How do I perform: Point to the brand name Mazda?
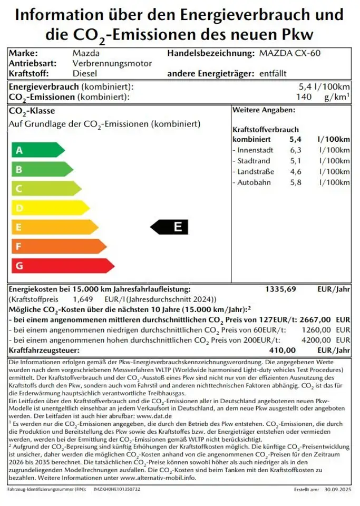85,53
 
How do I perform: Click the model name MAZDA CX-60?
290,53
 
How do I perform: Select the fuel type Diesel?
84,73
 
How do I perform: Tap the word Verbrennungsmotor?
112,63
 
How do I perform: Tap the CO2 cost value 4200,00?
315,340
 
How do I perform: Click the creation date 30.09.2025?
337,490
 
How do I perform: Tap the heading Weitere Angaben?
264,110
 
